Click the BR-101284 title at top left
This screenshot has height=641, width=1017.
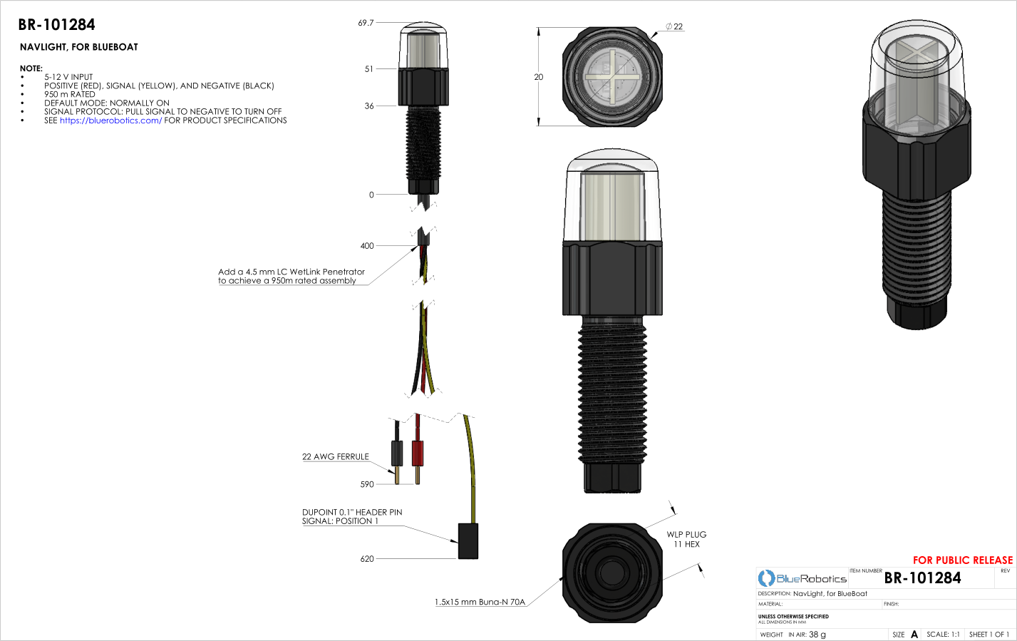click(x=56, y=25)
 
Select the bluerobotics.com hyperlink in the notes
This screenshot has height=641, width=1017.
click(x=110, y=120)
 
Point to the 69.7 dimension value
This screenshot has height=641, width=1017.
click(x=366, y=24)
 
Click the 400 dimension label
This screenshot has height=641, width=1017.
click(x=367, y=246)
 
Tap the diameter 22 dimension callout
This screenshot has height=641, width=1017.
click(x=674, y=27)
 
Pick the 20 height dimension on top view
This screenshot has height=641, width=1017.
click(x=539, y=77)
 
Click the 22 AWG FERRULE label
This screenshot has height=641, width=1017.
click(x=336, y=457)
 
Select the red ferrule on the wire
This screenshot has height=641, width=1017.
click(x=418, y=452)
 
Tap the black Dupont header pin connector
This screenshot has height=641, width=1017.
click(x=468, y=541)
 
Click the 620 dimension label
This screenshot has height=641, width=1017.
click(x=367, y=559)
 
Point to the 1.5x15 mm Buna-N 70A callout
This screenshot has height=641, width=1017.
click(x=480, y=602)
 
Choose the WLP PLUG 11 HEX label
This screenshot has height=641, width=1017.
click(x=686, y=540)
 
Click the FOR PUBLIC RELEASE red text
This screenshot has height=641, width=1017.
click(x=962, y=560)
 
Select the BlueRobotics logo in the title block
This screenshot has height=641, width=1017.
click(x=802, y=578)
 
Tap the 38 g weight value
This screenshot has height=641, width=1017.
click(x=817, y=635)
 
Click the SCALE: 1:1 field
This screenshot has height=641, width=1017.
click(x=943, y=635)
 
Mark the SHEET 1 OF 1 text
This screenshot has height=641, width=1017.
click(x=988, y=635)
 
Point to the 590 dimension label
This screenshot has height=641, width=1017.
click(x=367, y=485)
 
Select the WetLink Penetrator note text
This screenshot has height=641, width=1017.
click(x=291, y=277)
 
